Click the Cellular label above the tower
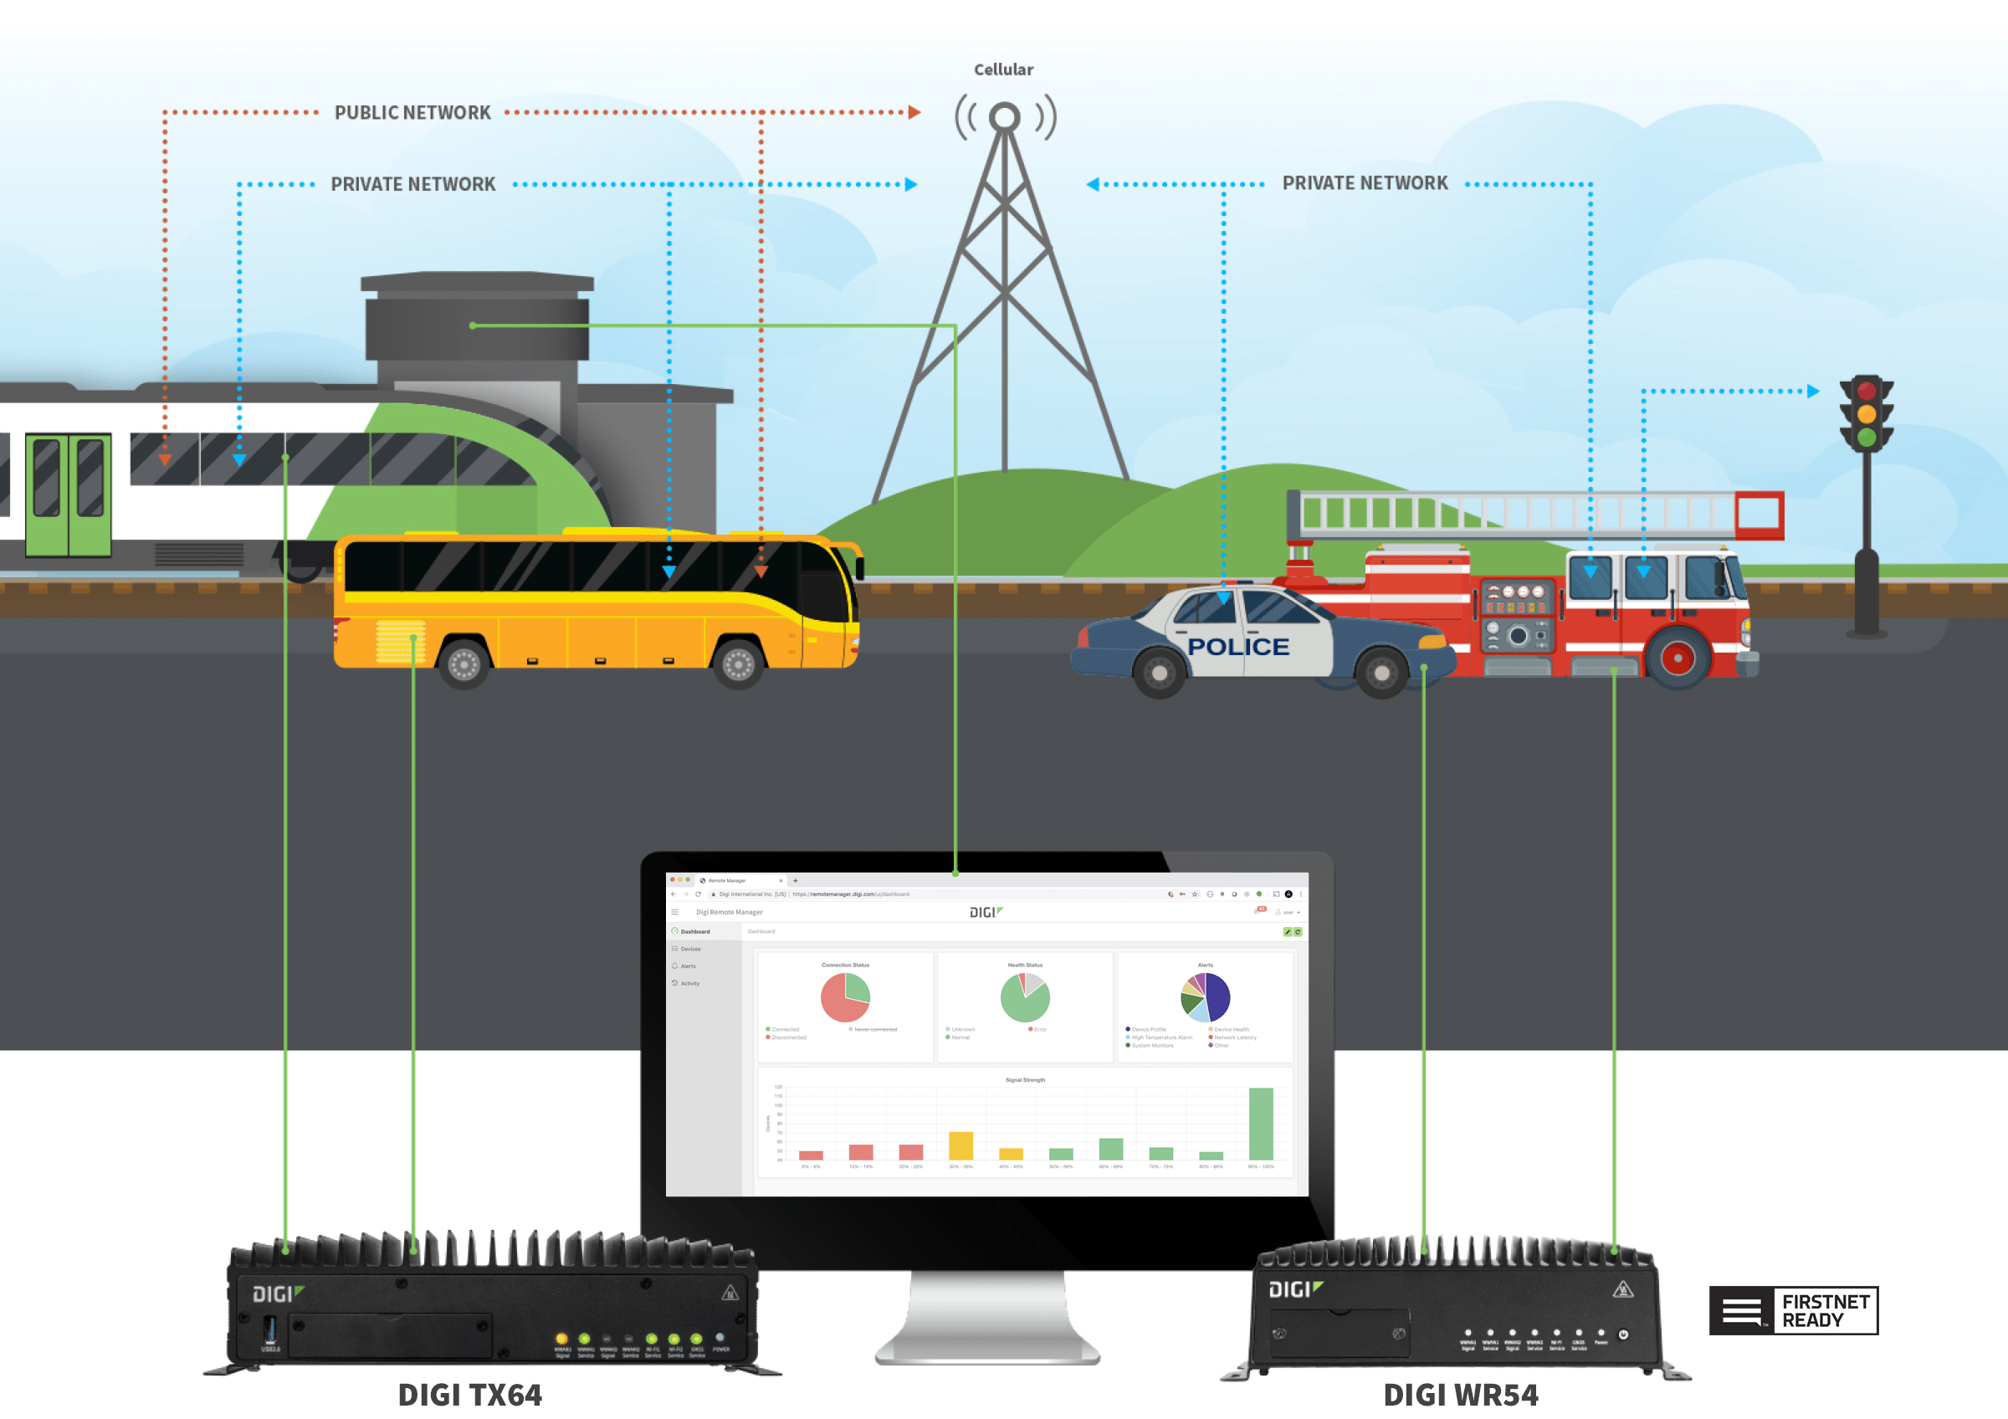(x=1003, y=70)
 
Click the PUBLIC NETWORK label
(x=412, y=113)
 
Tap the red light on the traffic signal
(x=1867, y=391)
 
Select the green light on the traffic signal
(x=1867, y=437)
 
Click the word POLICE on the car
(x=1237, y=647)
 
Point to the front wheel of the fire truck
(x=1677, y=658)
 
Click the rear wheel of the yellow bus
(x=464, y=664)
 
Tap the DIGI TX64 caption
(x=469, y=1395)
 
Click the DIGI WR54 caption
(x=1460, y=1395)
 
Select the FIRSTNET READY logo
(x=1793, y=1309)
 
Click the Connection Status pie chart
(x=845, y=997)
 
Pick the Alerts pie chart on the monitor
(x=1205, y=997)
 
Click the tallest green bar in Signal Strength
(x=1260, y=1124)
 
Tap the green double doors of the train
(x=69, y=494)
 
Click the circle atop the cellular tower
(x=1004, y=116)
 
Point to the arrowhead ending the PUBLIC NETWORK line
(x=914, y=113)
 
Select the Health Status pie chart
(x=1025, y=997)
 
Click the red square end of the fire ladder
(x=1759, y=515)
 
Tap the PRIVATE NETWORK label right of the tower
(x=1365, y=183)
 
